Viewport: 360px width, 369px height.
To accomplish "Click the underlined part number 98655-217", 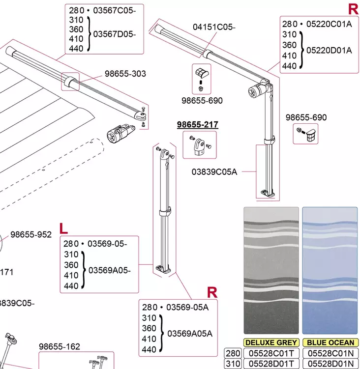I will (197, 125).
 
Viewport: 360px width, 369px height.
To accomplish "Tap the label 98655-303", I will (125, 74).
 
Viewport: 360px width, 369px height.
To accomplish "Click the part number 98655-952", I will (31, 234).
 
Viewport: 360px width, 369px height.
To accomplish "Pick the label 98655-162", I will (60, 346).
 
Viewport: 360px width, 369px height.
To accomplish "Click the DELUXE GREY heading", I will (271, 342).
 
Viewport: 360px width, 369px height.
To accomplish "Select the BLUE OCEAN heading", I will (330, 342).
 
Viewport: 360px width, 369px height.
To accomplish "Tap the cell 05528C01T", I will (271, 353).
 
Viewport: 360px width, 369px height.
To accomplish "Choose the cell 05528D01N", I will (330, 364).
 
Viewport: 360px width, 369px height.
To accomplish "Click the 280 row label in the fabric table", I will (233, 353).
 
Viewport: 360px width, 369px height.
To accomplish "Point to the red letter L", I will (63, 228).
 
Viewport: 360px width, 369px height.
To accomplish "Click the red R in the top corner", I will (353, 9).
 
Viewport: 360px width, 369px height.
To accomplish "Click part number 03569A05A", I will (190, 333).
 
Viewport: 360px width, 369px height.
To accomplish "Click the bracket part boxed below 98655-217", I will (200, 146).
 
